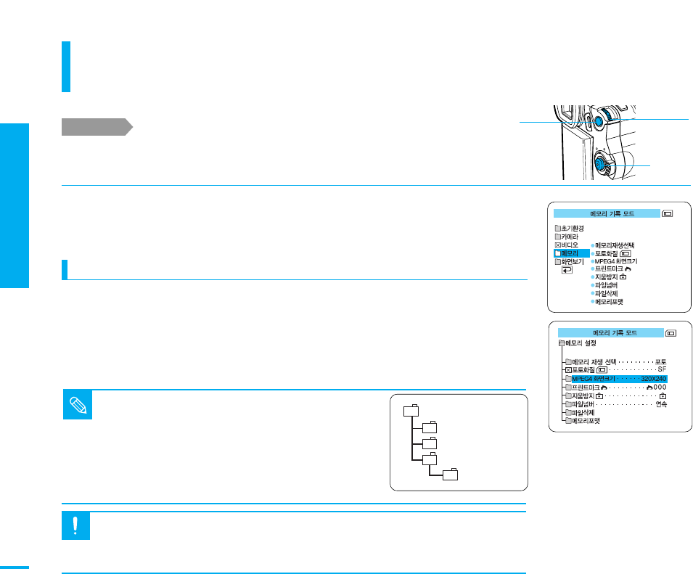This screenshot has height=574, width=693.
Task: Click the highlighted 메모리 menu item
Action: (570, 253)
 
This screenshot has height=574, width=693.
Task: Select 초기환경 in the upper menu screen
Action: (569, 228)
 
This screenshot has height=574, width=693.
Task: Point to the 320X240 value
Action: (653, 379)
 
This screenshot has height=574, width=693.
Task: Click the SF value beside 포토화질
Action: (661, 370)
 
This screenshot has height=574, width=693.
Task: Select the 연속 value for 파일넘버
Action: (660, 404)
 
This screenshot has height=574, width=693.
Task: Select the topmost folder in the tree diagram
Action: (411, 410)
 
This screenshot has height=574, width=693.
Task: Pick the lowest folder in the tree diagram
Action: (451, 475)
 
